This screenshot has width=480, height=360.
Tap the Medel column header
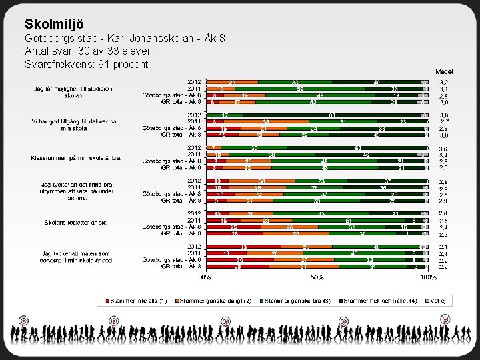(x=445, y=71)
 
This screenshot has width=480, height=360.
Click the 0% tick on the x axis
(x=207, y=276)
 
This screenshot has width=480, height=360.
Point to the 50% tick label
(x=317, y=276)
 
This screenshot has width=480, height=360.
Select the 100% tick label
(x=428, y=276)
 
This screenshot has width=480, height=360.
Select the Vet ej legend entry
(x=436, y=301)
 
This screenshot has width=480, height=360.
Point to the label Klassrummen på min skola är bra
(x=75, y=158)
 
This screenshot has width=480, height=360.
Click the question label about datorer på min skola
(x=74, y=125)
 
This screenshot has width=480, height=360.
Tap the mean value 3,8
(x=443, y=115)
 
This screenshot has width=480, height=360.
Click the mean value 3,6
(x=443, y=148)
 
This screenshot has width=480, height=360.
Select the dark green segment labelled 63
(x=357, y=147)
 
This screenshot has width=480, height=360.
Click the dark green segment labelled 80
(x=331, y=115)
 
